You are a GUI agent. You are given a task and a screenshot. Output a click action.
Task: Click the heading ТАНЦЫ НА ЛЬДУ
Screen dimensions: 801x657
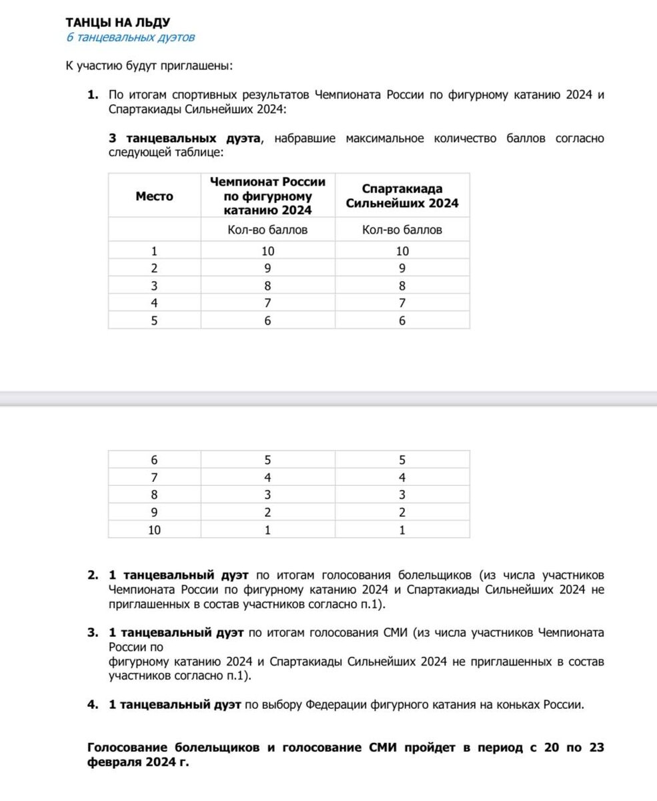(113, 24)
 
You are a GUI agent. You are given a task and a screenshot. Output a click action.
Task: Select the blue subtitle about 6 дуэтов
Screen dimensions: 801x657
(130, 37)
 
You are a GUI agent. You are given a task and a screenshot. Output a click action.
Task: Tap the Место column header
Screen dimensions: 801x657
(154, 196)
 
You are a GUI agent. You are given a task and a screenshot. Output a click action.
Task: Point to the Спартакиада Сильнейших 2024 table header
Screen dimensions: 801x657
(402, 196)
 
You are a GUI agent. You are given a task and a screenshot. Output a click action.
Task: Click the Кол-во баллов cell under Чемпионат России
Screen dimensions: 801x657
(268, 230)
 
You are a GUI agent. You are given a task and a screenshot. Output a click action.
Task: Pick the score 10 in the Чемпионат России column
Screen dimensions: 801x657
(268, 251)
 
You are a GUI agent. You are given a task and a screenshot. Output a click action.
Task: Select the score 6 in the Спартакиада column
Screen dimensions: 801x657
(402, 320)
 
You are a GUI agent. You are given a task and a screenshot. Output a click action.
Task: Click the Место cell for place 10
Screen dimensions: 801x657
(154, 530)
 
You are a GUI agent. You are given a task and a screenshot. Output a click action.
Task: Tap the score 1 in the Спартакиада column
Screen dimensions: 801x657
(402, 530)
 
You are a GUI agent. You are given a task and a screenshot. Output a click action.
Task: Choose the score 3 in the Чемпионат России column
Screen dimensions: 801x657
(268, 495)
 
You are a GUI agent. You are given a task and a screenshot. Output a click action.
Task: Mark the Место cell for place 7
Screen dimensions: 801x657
(154, 478)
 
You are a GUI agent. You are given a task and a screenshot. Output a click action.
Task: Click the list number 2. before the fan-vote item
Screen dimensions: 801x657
(93, 575)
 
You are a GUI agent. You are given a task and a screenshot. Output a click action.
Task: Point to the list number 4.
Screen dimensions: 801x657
(93, 704)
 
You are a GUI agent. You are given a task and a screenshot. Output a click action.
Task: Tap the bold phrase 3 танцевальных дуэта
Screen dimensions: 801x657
(185, 138)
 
